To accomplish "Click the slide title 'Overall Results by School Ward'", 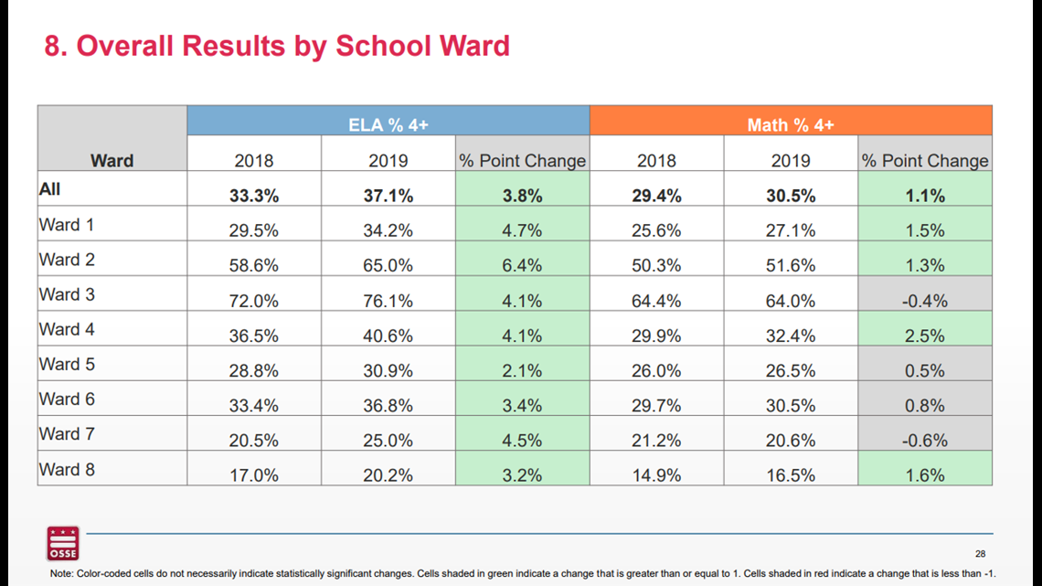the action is (293, 46).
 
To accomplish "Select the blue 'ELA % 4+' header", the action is (388, 121).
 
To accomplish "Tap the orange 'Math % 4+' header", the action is (791, 121).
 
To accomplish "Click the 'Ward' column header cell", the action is (112, 138).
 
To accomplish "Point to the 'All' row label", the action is (50, 189).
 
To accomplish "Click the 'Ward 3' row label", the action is (67, 294).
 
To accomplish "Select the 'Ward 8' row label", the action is (67, 470).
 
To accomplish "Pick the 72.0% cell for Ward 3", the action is (254, 301).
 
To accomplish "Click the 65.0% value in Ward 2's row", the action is (388, 266).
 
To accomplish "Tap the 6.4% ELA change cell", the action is (522, 266).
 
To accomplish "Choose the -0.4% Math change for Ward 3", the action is (925, 301).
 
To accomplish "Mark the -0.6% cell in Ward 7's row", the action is (925, 441).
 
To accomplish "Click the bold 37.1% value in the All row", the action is (388, 196).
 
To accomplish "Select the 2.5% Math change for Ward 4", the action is (925, 336).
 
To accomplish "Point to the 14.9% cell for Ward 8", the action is (656, 475).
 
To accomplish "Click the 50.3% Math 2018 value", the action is (656, 266).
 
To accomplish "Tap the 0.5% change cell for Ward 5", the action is (925, 371).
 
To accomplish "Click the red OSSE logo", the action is (63, 543).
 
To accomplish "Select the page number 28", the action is (980, 553).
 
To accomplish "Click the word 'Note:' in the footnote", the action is (62, 573).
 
